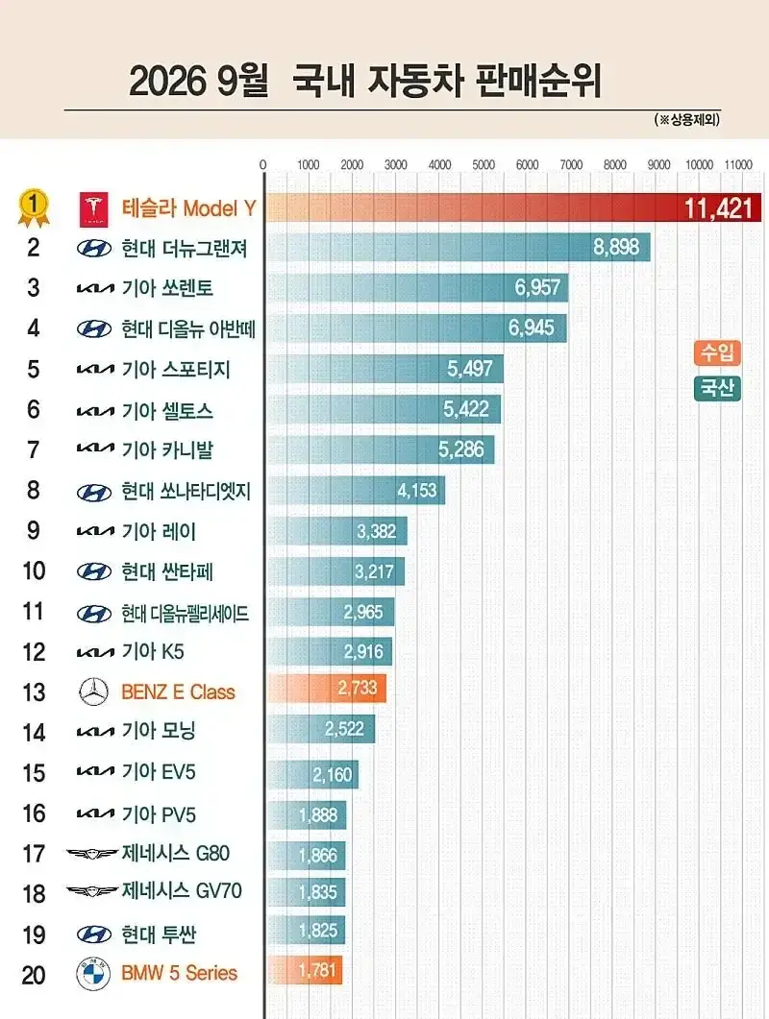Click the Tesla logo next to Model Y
[93, 209]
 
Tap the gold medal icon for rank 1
[34, 207]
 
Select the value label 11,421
[718, 208]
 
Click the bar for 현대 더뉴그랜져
[458, 247]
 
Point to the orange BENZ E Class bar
[326, 688]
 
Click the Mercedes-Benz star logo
[93, 691]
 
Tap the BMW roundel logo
[93, 974]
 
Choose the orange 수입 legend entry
[717, 352]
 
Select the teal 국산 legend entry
[717, 388]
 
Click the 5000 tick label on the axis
[484, 165]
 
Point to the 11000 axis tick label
[738, 165]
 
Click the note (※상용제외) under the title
[687, 120]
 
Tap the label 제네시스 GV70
[182, 890]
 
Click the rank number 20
[34, 976]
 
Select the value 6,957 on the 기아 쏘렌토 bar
[537, 287]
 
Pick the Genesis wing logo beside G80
[92, 853]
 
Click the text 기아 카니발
[167, 449]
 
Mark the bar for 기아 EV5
[312, 774]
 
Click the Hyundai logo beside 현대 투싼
[94, 934]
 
